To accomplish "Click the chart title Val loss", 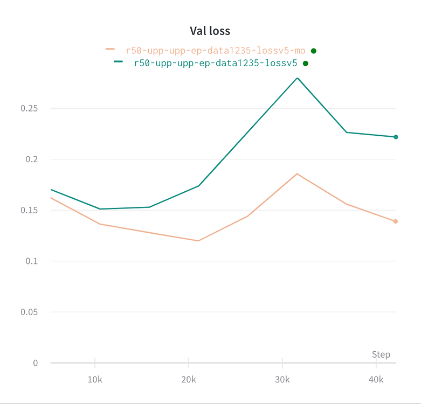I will [x=210, y=31].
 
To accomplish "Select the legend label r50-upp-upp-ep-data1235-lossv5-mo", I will [x=216, y=51].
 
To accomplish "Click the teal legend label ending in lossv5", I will [x=216, y=63].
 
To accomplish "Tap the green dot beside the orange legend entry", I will [x=314, y=51].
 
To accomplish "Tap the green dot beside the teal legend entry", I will [x=305, y=63].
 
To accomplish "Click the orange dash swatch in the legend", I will [x=110, y=49].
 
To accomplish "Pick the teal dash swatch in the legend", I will [x=119, y=61].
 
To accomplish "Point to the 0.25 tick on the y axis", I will [x=29, y=108].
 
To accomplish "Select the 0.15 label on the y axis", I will [x=29, y=210].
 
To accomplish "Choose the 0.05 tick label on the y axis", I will [x=29, y=312].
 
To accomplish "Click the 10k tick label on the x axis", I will [x=95, y=380].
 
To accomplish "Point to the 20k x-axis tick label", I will [x=189, y=380].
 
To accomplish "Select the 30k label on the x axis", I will [x=282, y=380].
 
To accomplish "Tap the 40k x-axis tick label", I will [x=376, y=380].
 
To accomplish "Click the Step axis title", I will [x=381, y=354].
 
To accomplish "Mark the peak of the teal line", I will [x=297, y=78].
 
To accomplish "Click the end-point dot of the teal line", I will [x=396, y=137].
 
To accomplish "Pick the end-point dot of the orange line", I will [x=396, y=221].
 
